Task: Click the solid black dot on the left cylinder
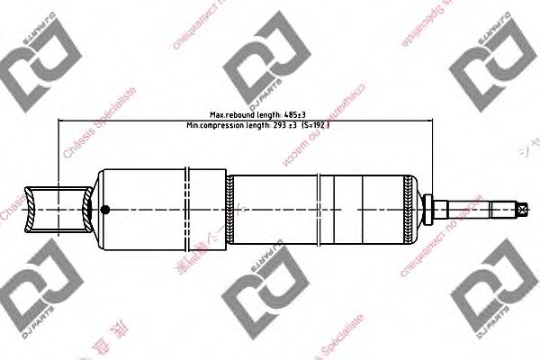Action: [x=104, y=210]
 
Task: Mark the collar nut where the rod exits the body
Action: [x=429, y=209]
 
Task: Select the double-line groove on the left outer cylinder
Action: [x=188, y=209]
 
